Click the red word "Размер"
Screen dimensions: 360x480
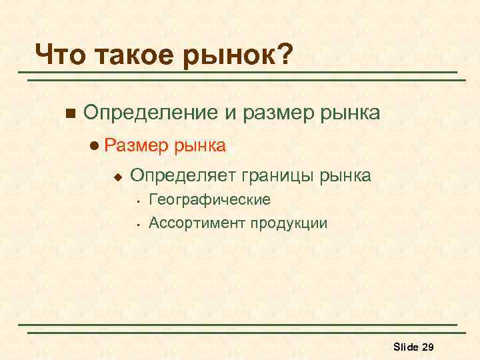pos(137,145)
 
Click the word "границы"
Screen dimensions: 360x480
pos(275,177)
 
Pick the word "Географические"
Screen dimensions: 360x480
pos(209,200)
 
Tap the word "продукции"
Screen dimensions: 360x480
pos(289,223)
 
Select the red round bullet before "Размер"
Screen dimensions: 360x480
pos(97,145)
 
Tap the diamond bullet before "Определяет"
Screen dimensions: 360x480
pos(117,177)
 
